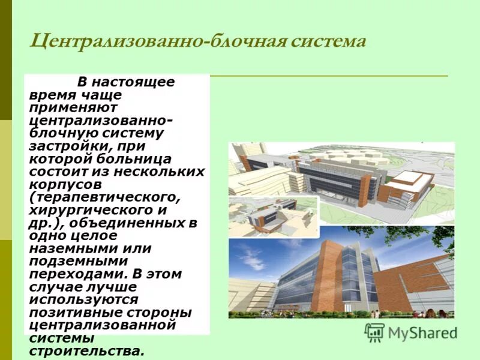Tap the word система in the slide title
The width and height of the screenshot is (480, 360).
pos(329,42)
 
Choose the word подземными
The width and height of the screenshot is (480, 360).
pos(78,261)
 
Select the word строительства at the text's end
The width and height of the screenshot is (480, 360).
pos(86,351)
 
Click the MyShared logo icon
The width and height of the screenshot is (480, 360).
pos(374,332)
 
